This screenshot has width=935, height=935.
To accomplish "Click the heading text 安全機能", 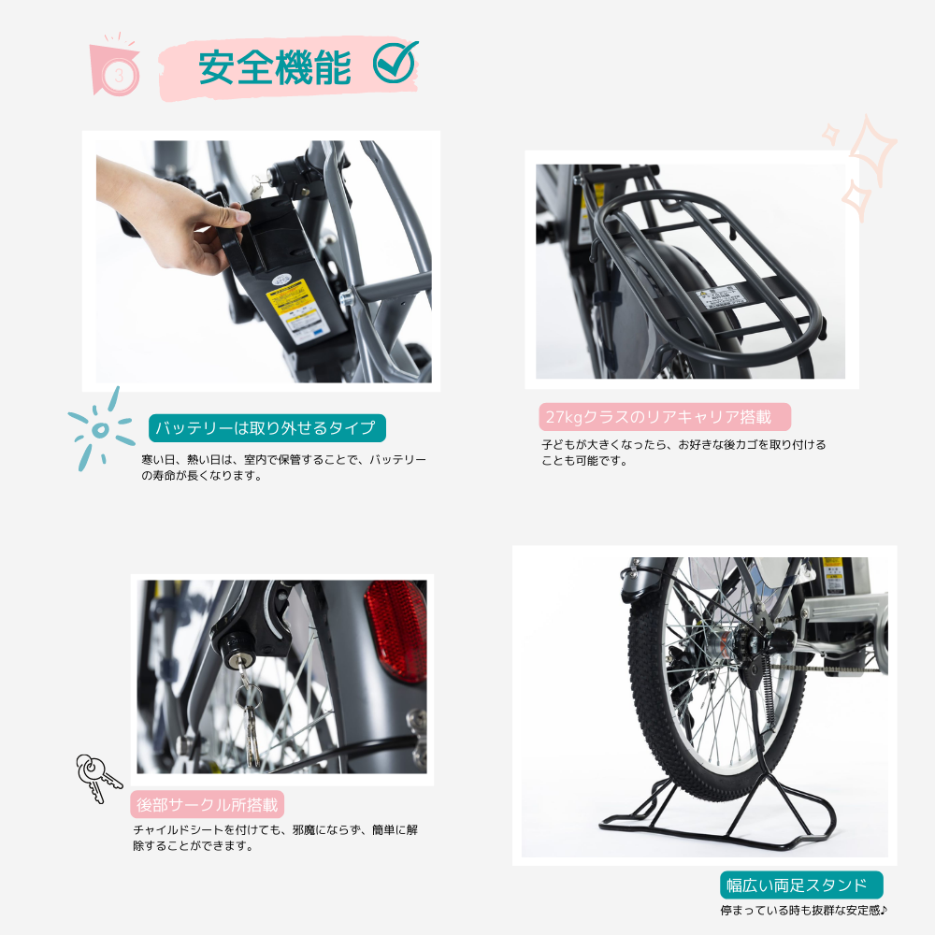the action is tap(274, 68).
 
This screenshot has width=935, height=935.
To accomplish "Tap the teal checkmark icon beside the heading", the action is tap(395, 62).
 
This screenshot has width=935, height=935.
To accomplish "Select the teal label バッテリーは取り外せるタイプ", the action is tap(267, 428).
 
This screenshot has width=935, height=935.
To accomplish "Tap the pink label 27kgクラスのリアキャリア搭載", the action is tap(664, 417).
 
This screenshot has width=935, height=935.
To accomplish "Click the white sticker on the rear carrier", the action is tap(720, 297).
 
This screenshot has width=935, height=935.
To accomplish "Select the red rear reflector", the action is tap(397, 629).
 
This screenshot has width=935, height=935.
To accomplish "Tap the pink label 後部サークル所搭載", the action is tap(207, 805).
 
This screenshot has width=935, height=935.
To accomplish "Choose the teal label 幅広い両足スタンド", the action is tap(801, 885).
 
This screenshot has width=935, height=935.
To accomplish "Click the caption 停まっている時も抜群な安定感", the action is tap(803, 910).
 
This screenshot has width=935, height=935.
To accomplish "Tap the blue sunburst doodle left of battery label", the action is tap(100, 428).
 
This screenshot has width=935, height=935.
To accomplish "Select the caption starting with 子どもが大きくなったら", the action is tap(683, 453).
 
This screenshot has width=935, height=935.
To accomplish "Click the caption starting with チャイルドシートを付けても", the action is tap(275, 837).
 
